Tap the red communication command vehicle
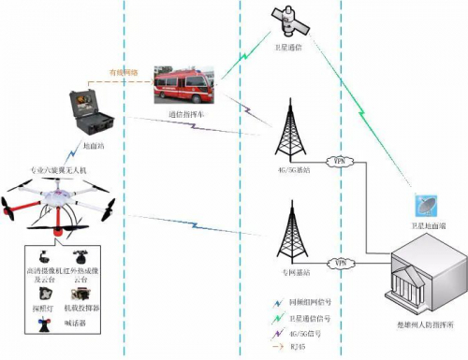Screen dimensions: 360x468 [x=184, y=89]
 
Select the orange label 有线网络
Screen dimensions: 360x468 [x=124, y=72]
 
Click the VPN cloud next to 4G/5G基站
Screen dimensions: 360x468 [x=340, y=161]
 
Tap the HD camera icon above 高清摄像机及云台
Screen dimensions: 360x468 [x=45, y=256]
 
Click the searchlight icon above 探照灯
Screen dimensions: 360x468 [x=44, y=293]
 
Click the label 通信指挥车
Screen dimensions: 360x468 [x=185, y=115]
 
